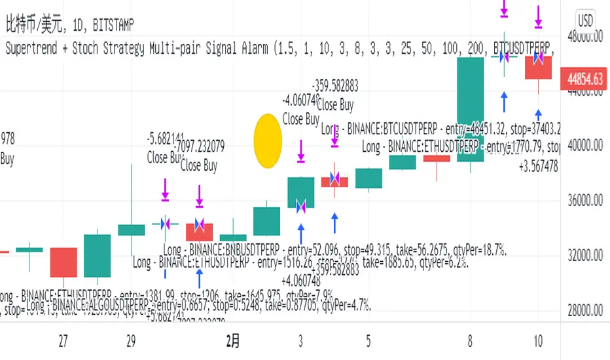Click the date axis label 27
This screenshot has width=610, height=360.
click(63, 340)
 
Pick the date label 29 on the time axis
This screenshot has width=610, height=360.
click(131, 340)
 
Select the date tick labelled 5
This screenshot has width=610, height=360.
click(369, 340)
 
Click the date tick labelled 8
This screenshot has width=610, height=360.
click(471, 340)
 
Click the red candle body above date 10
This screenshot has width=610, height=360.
click(538, 67)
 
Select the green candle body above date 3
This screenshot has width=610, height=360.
click(300, 192)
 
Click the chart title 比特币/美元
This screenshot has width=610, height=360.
click(33, 26)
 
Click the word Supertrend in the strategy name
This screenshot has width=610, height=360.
click(35, 47)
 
